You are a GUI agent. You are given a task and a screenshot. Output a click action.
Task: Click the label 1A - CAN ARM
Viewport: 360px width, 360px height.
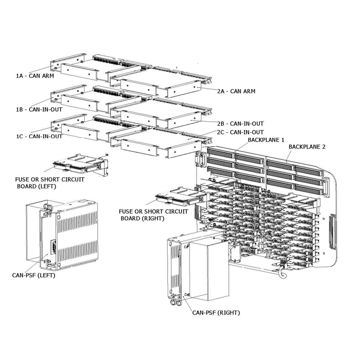click(x=34, y=75)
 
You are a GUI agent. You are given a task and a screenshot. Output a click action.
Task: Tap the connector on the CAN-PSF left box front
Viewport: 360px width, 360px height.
click(x=40, y=248)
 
